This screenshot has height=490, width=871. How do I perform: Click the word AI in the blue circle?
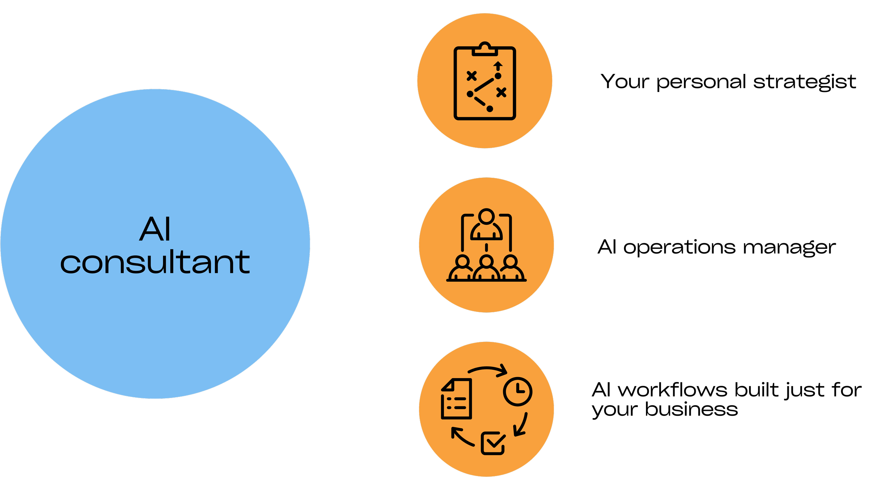pos(155,229)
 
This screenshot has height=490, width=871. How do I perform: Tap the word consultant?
pos(155,262)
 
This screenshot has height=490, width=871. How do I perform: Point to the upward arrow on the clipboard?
pos(498,66)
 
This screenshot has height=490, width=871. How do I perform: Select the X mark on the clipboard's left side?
pos(471,76)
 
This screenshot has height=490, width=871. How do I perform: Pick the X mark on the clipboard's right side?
pos(501,92)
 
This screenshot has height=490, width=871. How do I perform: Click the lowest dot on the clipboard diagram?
pos(490,109)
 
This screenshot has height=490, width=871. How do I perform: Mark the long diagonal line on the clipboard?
pos(484,85)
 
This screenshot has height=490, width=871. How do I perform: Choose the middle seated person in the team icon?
pos(486,269)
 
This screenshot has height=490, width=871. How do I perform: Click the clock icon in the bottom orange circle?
pos(517,391)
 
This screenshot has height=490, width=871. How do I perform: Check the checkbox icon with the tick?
pos(493,443)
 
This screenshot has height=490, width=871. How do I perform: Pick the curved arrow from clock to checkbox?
pos(522,426)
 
